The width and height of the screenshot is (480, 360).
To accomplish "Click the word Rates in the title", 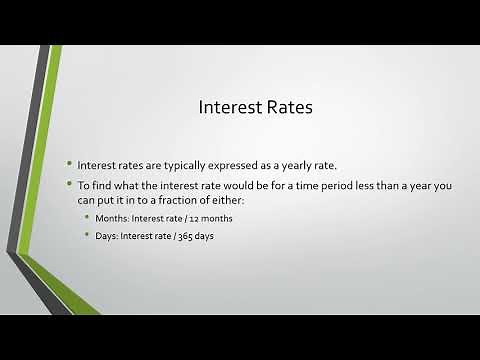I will [285, 106].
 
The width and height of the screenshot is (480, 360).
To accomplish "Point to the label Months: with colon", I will [111, 218].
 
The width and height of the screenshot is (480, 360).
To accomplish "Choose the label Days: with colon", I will [106, 236].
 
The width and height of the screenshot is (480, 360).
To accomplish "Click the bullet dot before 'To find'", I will [70, 183].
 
